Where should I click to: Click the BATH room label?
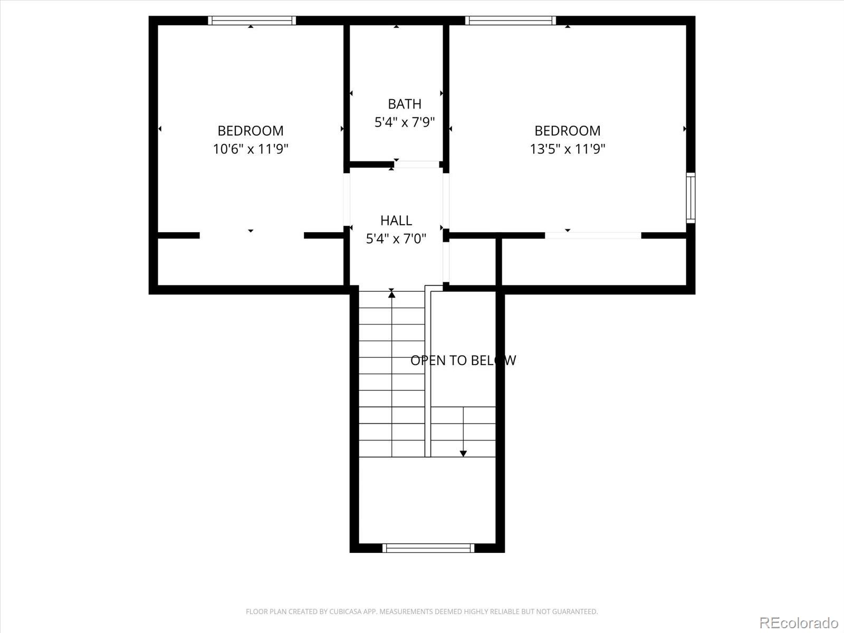(405, 104)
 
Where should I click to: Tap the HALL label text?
(396, 220)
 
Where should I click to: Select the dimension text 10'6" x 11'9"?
(251, 149)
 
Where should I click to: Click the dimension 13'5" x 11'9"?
(568, 149)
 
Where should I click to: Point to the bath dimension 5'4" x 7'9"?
(405, 122)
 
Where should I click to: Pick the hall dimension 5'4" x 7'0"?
(396, 238)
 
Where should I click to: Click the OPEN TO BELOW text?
(463, 360)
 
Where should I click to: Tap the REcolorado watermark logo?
(799, 622)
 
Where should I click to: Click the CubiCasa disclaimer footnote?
(421, 612)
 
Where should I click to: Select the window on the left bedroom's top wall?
(252, 21)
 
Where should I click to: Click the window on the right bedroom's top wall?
(510, 21)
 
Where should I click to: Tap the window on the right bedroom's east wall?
(690, 198)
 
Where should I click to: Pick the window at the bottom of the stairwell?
(428, 548)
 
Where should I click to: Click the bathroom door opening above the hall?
(417, 165)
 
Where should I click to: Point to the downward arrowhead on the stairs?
(463, 453)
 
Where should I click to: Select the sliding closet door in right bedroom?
(593, 235)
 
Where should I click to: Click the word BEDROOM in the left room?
(251, 130)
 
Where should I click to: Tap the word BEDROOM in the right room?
(568, 130)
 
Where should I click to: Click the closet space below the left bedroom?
(251, 262)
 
